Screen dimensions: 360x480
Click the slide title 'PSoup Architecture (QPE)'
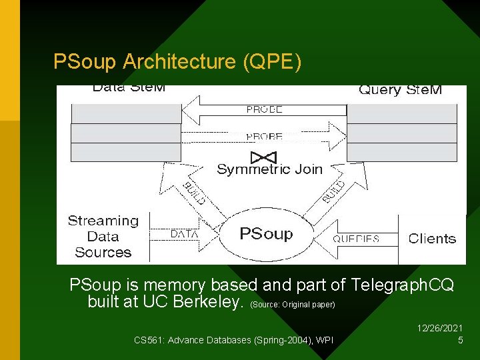[177, 62]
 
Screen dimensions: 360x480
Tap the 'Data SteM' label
[129, 88]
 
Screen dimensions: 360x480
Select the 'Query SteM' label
[400, 90]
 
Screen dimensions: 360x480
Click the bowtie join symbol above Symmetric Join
[260, 157]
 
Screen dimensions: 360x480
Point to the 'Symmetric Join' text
[269, 169]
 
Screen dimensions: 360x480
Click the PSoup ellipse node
[265, 234]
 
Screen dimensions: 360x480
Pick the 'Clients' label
[432, 238]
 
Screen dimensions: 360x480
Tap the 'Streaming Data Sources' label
[103, 237]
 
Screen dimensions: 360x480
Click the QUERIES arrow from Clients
[357, 238]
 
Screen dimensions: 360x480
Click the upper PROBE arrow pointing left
[264, 109]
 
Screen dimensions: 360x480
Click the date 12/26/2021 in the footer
[439, 328]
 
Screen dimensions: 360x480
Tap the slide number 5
[460, 341]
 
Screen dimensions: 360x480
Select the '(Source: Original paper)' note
[293, 305]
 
